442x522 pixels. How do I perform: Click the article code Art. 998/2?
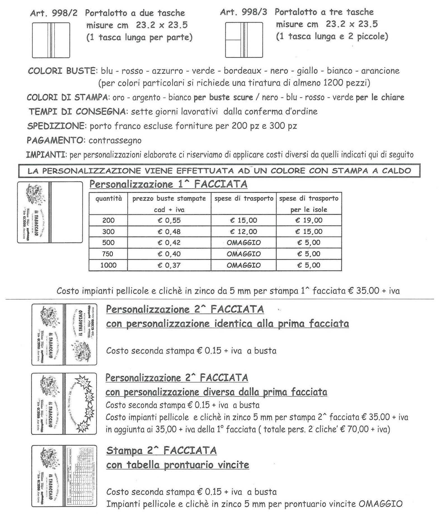coord(54,13)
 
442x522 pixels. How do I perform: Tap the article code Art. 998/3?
coord(243,12)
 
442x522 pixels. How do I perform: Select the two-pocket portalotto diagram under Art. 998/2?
coord(51,40)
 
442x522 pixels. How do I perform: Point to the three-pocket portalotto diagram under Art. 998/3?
coord(244,40)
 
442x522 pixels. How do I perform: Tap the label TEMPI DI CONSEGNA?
coord(77,112)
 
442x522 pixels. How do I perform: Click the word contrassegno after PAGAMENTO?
coord(115,140)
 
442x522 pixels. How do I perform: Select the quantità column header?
coord(109,198)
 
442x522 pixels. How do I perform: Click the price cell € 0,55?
coord(169,220)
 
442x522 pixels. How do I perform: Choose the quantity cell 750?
coord(108,254)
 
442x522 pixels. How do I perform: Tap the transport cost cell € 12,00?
coord(243,232)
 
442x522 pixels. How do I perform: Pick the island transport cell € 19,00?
coord(309,220)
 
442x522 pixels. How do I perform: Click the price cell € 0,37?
coord(169,265)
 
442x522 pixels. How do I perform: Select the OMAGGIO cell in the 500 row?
coord(243,243)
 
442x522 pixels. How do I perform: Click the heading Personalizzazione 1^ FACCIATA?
coord(168,184)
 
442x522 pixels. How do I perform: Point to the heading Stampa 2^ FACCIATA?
coord(161,450)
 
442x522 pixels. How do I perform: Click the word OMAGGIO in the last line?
coord(380,504)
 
